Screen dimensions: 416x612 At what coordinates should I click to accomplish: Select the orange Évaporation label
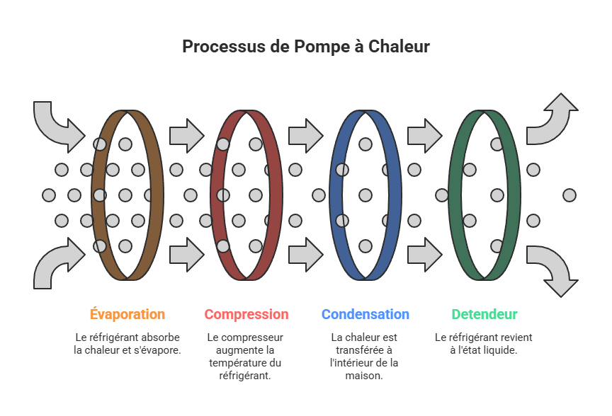click(127, 314)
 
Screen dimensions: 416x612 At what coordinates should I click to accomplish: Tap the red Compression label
click(246, 314)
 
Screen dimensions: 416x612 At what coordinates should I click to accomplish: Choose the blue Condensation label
click(365, 314)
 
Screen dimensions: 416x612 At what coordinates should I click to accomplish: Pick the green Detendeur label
click(484, 314)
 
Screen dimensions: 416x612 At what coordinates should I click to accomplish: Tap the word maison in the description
click(365, 376)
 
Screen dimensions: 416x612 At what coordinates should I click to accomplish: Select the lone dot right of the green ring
click(569, 195)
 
